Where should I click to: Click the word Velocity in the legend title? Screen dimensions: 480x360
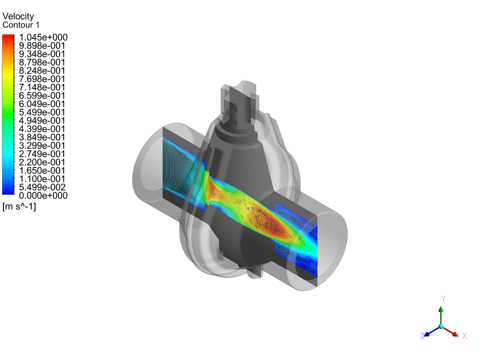pyautogui.click(x=18, y=16)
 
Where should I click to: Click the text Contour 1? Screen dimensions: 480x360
pyautogui.click(x=21, y=25)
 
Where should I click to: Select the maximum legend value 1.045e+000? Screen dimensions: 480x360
pyautogui.click(x=43, y=37)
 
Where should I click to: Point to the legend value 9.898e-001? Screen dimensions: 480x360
pyautogui.click(x=42, y=46)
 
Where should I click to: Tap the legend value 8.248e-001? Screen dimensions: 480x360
pyautogui.click(x=42, y=71)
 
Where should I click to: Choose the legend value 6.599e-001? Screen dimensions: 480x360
pyautogui.click(x=42, y=96)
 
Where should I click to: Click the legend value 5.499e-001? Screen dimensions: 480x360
pyautogui.click(x=42, y=112)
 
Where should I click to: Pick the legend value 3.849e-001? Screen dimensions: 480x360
pyautogui.click(x=42, y=138)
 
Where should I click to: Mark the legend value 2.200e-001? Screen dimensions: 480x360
pyautogui.click(x=42, y=162)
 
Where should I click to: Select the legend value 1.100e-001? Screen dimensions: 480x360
pyautogui.click(x=42, y=179)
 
